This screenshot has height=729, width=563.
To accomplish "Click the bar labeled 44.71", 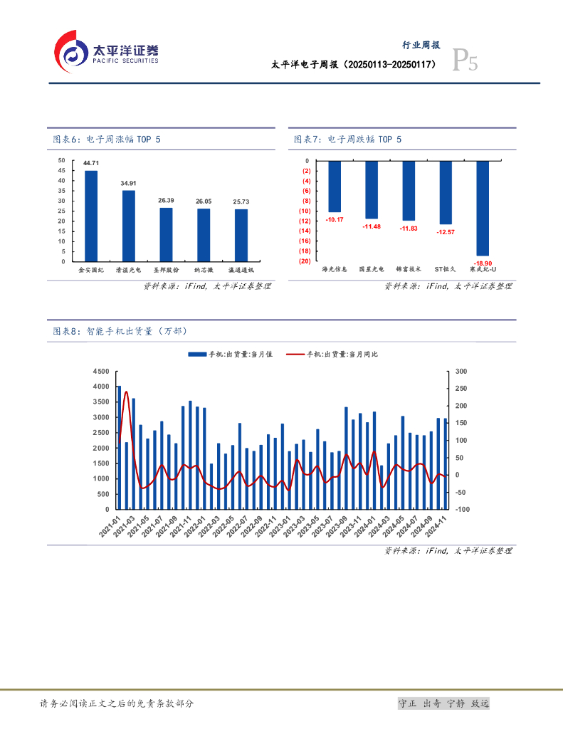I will point(91,216).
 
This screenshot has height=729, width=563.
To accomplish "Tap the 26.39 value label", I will point(166,201).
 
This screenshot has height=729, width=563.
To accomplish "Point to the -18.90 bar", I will point(483,208).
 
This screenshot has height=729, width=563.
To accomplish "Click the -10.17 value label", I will point(335,219).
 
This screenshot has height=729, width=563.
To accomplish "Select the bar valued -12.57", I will point(446,192).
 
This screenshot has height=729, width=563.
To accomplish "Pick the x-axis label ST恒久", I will point(446,270).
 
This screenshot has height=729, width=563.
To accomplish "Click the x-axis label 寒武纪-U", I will point(483,270).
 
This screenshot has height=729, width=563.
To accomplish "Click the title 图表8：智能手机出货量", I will point(120,331).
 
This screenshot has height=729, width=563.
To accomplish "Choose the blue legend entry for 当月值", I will point(231,354).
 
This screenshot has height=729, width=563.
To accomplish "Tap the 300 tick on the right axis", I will point(461,372).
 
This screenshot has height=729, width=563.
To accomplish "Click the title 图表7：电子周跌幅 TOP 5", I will point(348,140).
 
